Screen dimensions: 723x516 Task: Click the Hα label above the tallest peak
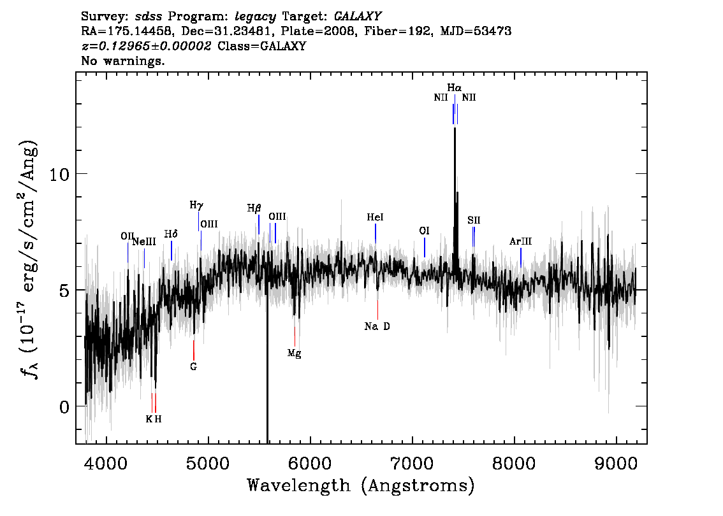(454, 87)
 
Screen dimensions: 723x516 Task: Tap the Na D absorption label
(377, 326)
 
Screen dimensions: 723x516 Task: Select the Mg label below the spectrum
(294, 354)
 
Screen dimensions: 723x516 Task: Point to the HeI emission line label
(376, 217)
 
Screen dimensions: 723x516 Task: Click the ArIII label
(521, 241)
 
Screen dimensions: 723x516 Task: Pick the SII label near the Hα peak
(474, 220)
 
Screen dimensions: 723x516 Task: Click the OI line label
(424, 231)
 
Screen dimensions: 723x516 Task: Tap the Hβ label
(254, 208)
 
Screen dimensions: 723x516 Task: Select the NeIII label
(144, 242)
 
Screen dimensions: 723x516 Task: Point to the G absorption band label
(194, 367)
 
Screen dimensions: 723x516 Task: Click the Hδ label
(171, 234)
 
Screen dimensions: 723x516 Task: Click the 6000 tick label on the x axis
(310, 463)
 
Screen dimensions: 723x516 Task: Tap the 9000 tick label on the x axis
(616, 463)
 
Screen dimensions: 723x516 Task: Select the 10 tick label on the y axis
(60, 174)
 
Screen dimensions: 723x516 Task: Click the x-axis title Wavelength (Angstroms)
(361, 485)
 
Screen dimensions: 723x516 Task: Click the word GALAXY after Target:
(358, 17)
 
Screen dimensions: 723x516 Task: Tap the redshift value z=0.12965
(116, 46)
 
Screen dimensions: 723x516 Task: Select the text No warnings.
(123, 61)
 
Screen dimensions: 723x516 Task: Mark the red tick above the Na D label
(377, 310)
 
